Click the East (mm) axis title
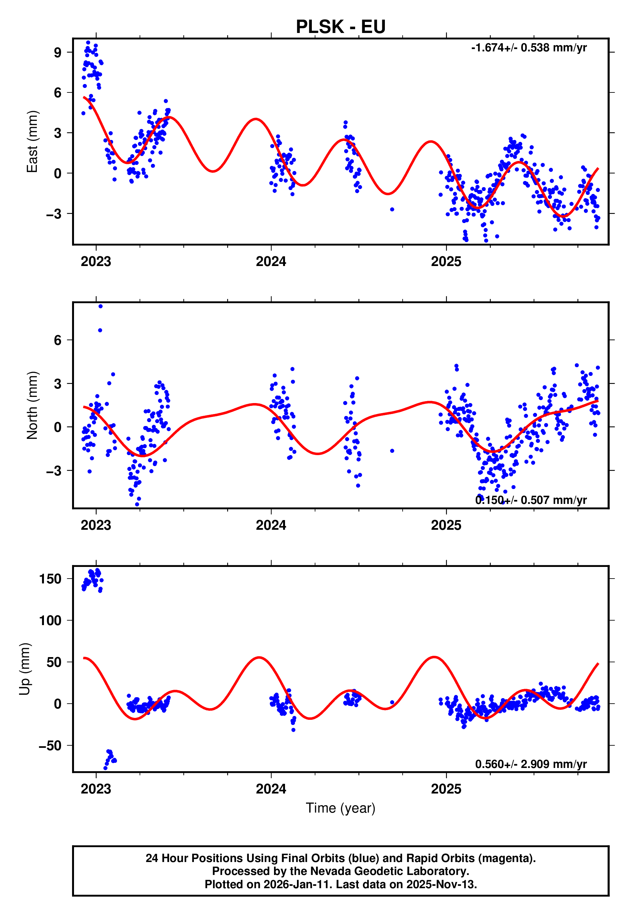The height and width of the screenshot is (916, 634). coord(32,142)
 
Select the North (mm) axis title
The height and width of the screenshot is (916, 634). coord(32,405)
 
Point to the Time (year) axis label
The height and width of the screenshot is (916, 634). coord(341,808)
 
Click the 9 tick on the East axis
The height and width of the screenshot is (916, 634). coord(58,52)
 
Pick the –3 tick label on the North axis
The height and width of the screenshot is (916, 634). coord(54,471)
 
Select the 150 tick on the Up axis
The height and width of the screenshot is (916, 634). coord(50,579)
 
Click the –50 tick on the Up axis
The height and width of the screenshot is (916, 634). coord(50,746)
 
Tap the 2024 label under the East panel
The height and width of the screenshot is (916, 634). coord(271,261)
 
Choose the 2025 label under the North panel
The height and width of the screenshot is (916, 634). coord(446,525)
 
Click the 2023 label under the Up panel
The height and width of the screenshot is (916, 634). coord(96,789)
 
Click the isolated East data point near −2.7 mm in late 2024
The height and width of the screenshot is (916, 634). coord(392,209)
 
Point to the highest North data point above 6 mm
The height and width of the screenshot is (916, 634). coord(100,306)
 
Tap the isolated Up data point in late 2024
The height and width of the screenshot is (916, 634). coord(392,702)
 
